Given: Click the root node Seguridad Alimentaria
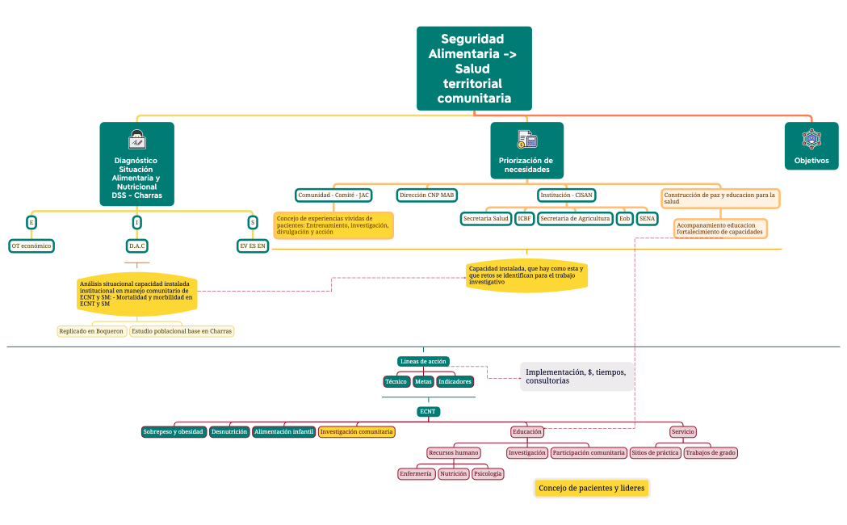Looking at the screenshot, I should pos(474,68).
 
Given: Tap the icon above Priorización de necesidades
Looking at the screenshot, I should pos(527,139).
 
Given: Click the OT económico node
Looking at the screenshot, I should pos(31,246).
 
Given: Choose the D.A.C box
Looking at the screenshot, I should pos(137,246).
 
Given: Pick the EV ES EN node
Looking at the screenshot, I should pos(252,246).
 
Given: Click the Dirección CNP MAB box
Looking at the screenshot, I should pos(427,195).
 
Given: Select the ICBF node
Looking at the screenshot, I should pos(524,219).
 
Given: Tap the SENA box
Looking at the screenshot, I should pos(647,219).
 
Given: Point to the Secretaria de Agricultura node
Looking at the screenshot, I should pos(575,219).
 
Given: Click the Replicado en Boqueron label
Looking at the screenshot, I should pos(91,331).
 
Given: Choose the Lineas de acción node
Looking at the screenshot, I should pos(423,361).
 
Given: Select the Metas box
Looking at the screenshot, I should pos(423,381).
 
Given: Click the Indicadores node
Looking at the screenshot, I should pos(455,381).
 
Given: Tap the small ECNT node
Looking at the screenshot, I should pos(428,411).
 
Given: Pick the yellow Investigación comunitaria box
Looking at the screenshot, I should pos(357,432).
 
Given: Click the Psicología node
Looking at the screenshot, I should pos(488,474).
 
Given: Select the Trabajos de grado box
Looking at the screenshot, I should pos(710,453).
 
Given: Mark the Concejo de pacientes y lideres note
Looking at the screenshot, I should pos(592,489).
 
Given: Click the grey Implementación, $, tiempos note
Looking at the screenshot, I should pos(577,376).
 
